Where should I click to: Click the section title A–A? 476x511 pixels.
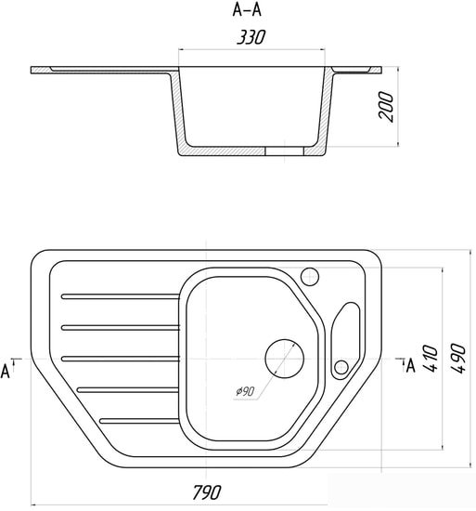pyautogui.click(x=247, y=10)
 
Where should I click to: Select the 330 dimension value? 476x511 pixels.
pyautogui.click(x=251, y=37)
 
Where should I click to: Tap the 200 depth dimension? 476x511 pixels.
pyautogui.click(x=386, y=107)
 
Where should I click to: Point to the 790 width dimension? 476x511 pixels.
pyautogui.click(x=207, y=492)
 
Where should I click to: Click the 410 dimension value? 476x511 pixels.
pyautogui.click(x=431, y=358)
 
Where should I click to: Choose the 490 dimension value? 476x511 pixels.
pyautogui.click(x=458, y=358)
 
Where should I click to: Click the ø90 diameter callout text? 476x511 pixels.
pyautogui.click(x=245, y=391)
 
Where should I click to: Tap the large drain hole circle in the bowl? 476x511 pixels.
pyautogui.click(x=284, y=359)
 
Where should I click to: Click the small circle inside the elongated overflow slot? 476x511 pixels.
pyautogui.click(x=341, y=368)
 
